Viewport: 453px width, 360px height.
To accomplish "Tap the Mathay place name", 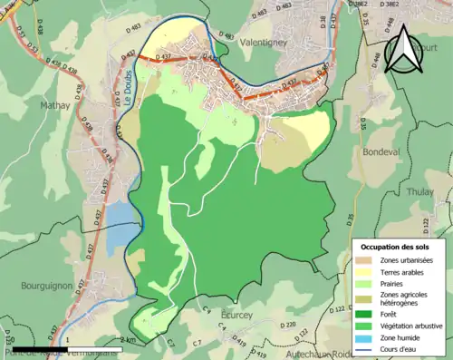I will click(54, 105).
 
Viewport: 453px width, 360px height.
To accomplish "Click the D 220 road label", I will click(289, 324).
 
